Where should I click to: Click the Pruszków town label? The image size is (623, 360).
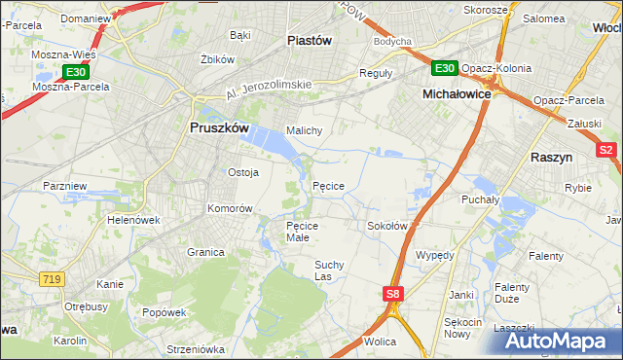pos(218,127)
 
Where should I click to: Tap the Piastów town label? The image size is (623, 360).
pos(310,40)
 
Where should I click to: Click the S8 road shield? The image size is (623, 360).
pos(392,293)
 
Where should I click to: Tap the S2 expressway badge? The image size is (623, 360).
pos(606,150)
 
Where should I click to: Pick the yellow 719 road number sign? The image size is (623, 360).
pos(53,279)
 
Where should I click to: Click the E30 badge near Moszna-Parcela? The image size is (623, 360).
pos(76,72)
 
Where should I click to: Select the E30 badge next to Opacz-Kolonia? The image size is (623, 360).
pos(444,67)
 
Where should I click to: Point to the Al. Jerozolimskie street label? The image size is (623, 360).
pos(268,89)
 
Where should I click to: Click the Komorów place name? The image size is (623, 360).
pos(230,208)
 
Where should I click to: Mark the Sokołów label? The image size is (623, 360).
pos(386,226)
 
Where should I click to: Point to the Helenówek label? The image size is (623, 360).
pos(133,220)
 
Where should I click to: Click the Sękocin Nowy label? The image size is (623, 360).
pos(463,328)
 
